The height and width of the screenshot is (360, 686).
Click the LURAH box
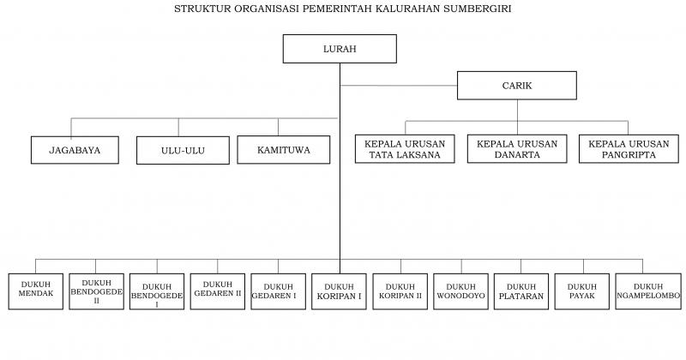(x=340, y=49)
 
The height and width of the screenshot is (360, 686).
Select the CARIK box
(x=517, y=86)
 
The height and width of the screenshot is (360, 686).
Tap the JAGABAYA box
(x=75, y=150)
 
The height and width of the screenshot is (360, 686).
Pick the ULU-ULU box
(x=183, y=151)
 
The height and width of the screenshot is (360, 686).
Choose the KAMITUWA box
(x=284, y=150)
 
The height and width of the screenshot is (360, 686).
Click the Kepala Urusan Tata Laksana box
(x=405, y=149)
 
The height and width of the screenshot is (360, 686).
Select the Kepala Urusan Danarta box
(x=517, y=149)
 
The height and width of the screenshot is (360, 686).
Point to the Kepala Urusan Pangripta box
(x=629, y=149)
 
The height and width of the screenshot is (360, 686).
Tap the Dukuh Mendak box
(x=36, y=291)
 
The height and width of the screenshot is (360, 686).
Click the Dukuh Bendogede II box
(x=96, y=291)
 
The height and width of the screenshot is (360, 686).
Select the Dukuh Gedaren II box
(x=218, y=291)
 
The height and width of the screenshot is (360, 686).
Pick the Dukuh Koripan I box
(x=339, y=291)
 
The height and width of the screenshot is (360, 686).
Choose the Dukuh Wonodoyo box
(x=460, y=291)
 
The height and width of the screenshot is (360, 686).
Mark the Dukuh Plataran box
(x=521, y=291)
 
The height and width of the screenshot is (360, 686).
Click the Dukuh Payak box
(x=582, y=291)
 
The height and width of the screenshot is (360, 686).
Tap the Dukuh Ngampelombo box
(x=648, y=291)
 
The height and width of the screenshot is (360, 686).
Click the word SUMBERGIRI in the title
(x=478, y=9)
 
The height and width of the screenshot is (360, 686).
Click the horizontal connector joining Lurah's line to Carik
(x=399, y=86)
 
